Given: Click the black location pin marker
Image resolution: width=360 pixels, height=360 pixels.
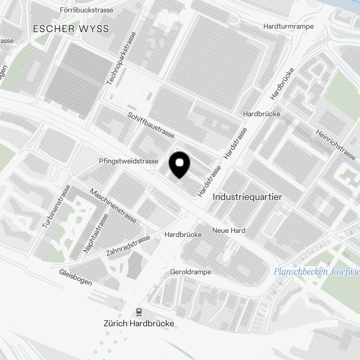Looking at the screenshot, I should [179, 165].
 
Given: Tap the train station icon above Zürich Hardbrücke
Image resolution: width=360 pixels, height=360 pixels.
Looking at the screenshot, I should [139, 312].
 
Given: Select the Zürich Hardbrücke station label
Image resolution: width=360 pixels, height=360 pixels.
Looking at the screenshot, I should [139, 323].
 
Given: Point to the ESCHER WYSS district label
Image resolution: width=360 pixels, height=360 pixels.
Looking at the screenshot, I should [71, 29].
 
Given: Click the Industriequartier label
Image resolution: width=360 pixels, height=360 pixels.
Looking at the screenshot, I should [247, 197].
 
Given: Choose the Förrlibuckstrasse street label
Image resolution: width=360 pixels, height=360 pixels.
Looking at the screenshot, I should [86, 10].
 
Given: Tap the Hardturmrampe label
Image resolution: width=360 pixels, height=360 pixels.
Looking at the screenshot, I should [288, 26].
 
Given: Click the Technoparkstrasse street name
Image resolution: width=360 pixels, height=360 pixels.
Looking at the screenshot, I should [122, 59].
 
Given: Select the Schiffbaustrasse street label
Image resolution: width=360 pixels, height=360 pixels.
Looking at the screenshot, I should [151, 125].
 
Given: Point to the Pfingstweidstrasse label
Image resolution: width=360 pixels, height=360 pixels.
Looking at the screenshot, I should [129, 161].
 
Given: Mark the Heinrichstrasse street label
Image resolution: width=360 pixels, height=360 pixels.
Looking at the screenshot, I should [336, 144].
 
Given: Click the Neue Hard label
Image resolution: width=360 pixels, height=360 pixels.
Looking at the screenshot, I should [229, 230].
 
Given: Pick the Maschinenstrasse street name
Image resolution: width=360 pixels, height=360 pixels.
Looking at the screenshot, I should [113, 206].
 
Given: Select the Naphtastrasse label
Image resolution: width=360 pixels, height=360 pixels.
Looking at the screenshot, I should [95, 233].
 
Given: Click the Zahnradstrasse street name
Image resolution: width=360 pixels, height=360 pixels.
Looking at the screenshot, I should [128, 246].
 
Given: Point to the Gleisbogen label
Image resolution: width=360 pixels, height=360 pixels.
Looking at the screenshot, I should [76, 277].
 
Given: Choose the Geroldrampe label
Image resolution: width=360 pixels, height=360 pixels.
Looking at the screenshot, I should [190, 271].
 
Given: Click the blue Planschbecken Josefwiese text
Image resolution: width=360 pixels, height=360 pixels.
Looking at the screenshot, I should [317, 271].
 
